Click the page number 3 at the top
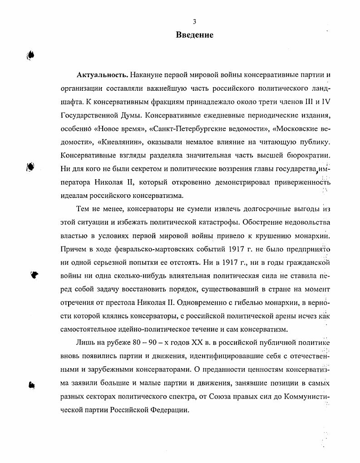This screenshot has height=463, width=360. [x=194, y=21]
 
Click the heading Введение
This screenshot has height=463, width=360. [x=195, y=35]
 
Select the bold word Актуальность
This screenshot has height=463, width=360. [x=99, y=74]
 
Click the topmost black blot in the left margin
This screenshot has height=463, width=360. [x=31, y=55]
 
